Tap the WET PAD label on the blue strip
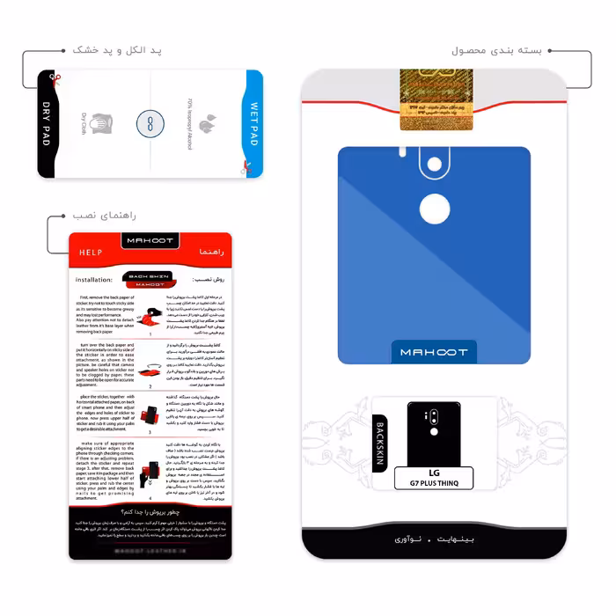(x=253, y=124)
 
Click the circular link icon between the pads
(x=150, y=125)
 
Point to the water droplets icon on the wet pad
(x=209, y=124)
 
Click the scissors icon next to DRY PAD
(x=54, y=79)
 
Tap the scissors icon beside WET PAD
(x=248, y=166)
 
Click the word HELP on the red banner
(x=91, y=253)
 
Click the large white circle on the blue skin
(x=434, y=209)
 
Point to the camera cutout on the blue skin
(x=434, y=165)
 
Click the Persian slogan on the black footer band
(x=433, y=537)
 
